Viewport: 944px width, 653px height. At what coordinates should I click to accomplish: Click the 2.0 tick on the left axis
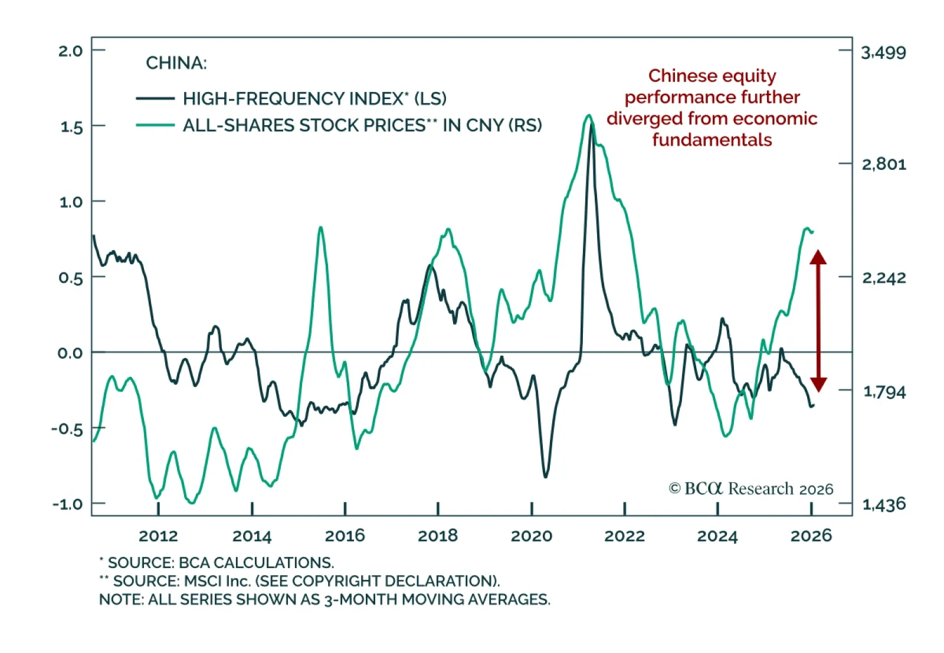click(x=70, y=51)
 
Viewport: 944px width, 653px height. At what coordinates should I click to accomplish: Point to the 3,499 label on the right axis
click(x=883, y=53)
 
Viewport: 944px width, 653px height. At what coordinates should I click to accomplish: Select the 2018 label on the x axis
click(x=438, y=536)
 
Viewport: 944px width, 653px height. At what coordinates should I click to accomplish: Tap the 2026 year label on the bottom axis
click(x=811, y=536)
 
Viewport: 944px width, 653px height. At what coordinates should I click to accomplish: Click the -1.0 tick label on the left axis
click(x=67, y=504)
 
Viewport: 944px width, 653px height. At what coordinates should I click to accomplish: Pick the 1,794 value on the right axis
click(x=884, y=392)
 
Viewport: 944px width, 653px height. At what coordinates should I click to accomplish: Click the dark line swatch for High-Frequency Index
click(x=155, y=99)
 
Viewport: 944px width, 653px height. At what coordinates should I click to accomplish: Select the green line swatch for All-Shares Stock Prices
click(x=155, y=125)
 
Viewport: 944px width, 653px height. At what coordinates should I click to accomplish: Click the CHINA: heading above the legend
click(x=176, y=63)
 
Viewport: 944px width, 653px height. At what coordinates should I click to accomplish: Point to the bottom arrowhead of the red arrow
click(x=818, y=385)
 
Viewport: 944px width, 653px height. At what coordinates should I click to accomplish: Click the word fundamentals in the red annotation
click(x=712, y=140)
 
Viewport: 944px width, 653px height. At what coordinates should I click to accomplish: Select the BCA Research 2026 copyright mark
click(x=751, y=489)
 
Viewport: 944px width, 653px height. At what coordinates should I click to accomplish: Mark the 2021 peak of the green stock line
click(x=588, y=116)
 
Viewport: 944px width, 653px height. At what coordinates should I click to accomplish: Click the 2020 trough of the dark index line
click(x=545, y=477)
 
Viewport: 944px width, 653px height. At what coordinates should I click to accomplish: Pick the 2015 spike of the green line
click(x=320, y=227)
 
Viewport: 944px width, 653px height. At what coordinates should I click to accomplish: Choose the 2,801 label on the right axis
click(x=883, y=164)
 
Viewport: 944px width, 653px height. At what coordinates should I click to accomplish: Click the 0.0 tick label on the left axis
click(x=70, y=353)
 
